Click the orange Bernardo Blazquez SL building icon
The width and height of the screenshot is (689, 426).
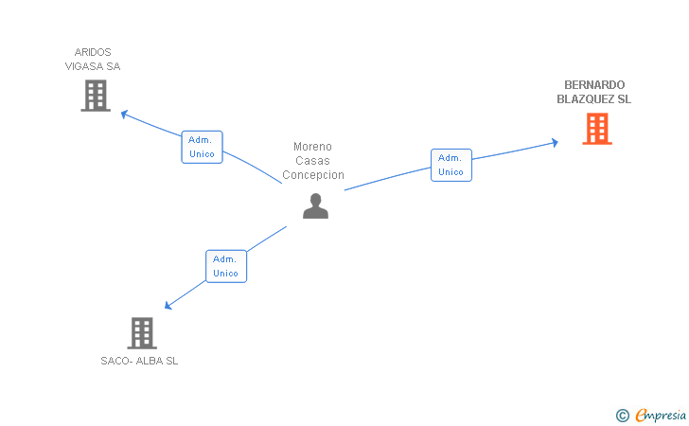(x=596, y=129)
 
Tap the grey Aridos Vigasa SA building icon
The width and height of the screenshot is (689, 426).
(x=96, y=96)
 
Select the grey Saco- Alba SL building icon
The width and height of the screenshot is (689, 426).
(x=141, y=332)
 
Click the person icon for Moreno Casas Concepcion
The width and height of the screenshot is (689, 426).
(x=315, y=206)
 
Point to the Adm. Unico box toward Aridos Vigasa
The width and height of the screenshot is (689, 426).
(x=202, y=147)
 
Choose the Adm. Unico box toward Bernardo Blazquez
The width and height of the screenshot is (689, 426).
(x=451, y=165)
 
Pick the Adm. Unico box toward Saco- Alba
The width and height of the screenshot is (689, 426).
(x=226, y=266)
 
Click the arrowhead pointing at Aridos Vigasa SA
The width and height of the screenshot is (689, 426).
(x=124, y=114)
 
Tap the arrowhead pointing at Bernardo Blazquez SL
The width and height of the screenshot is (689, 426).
(x=554, y=143)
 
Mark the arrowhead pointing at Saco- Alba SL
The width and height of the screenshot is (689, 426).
(x=168, y=305)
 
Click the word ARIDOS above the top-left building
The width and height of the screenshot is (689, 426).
(x=93, y=52)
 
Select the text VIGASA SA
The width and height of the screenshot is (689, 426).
(x=93, y=66)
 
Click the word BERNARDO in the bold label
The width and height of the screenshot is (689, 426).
(x=594, y=84)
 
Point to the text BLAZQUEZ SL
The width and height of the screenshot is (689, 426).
(x=594, y=99)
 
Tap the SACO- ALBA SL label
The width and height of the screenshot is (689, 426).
(x=139, y=361)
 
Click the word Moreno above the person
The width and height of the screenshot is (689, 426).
(x=313, y=147)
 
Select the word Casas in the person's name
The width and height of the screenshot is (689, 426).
(x=312, y=161)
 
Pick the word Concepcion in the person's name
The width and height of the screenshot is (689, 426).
(x=313, y=175)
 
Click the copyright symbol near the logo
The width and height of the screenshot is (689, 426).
(x=622, y=415)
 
